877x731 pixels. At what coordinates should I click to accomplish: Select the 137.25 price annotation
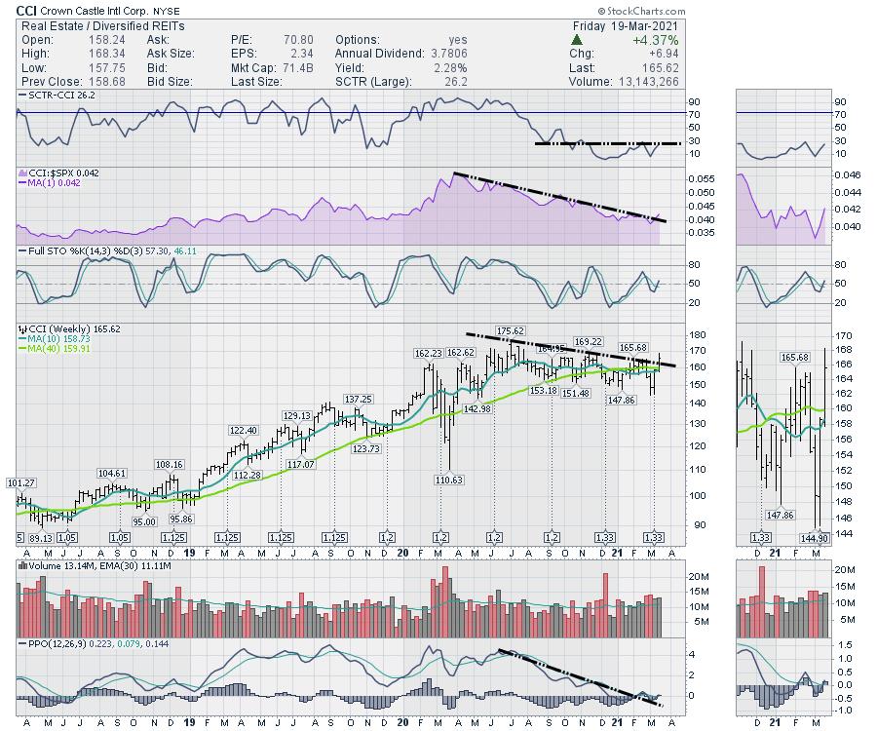tap(358, 399)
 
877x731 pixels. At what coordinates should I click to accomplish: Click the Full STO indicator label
tap(44, 251)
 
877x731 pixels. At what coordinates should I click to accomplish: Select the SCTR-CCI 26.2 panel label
tap(55, 96)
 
